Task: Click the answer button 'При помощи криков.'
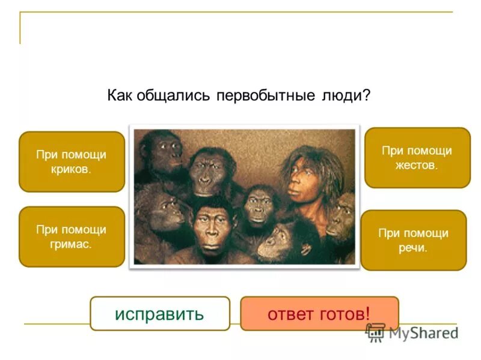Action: pos(72,161)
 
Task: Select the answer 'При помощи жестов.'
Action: pos(417,157)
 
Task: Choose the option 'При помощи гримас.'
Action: pos(72,236)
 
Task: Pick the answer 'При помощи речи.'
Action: pos(413,240)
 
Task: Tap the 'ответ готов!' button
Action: pos(319,313)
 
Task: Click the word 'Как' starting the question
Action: pos(120,96)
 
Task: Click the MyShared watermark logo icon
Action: pos(375,332)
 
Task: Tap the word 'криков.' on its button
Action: pos(72,169)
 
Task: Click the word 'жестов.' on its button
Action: pos(417,165)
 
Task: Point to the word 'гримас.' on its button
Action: pos(72,244)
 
